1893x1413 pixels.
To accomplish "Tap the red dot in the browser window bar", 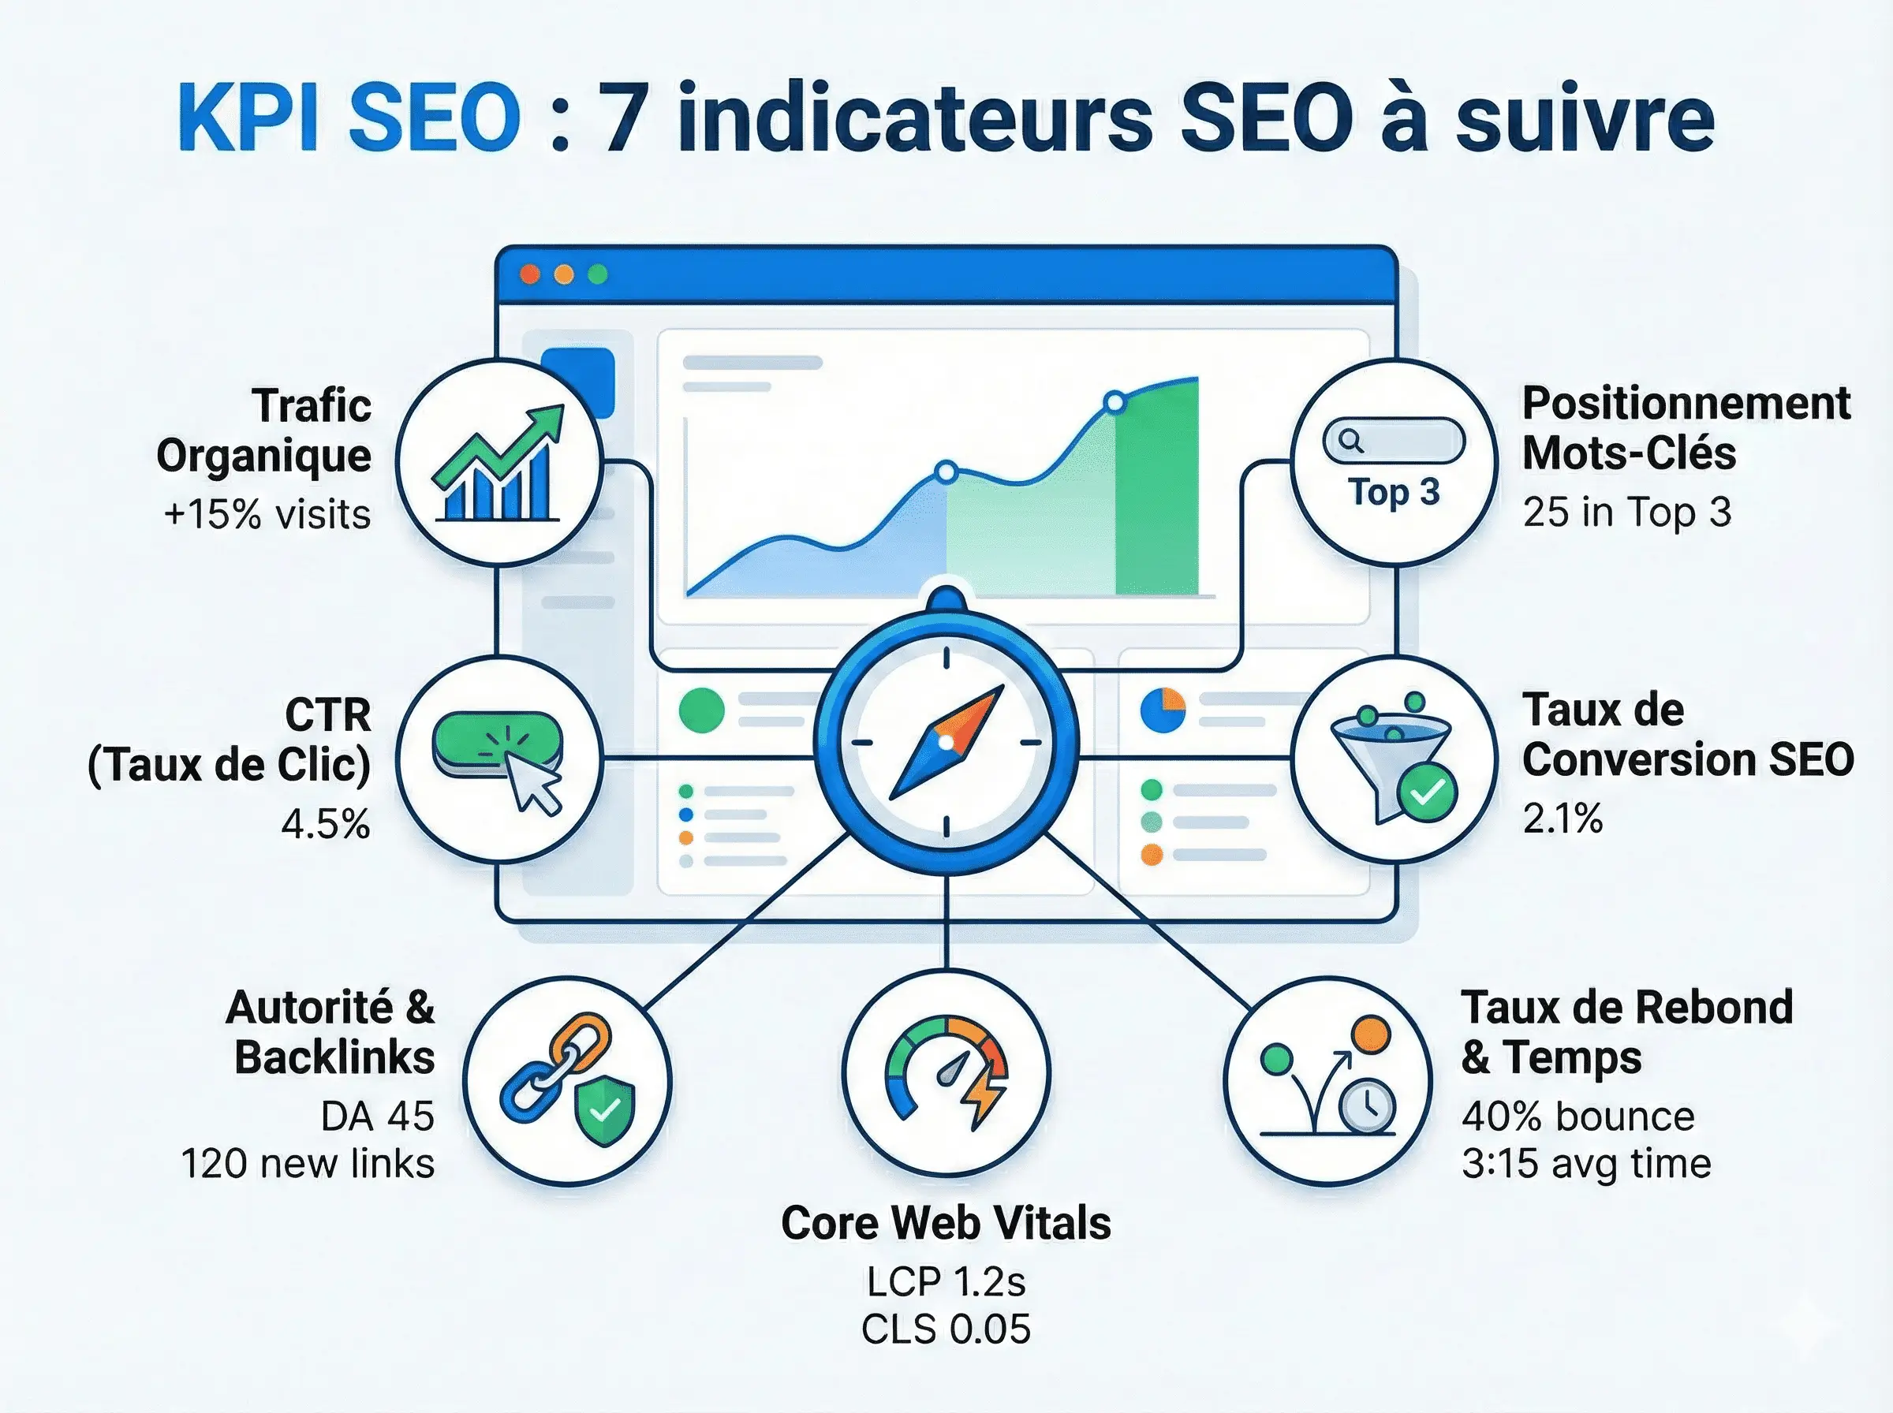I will pos(530,274).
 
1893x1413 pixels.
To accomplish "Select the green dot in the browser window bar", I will pos(598,274).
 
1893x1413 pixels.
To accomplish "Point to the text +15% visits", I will pos(267,515).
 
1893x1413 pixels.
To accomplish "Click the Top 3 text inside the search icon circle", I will pos(1394,493).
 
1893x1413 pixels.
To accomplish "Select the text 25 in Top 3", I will pos(1627,513).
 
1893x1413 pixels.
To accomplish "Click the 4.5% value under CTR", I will pos(326,824).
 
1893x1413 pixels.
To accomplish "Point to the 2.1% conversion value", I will pos(1562,818).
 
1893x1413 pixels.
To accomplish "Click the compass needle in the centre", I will pos(946,743).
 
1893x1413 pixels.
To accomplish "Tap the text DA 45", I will pos(377,1117).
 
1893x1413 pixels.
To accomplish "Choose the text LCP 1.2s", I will pos(946,1281).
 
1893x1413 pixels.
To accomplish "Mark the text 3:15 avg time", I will pos(1586,1164).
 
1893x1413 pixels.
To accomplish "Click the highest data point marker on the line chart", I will pos(1115,401).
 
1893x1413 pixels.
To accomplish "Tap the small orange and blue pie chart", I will pos(1163,710).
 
